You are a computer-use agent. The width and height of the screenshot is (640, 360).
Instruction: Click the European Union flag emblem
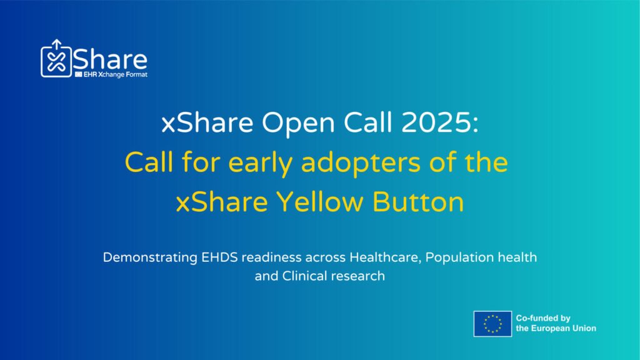coord(492,324)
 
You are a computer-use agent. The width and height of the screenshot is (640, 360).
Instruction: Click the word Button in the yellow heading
coord(418,202)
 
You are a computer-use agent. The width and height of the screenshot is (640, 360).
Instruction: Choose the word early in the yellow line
coord(260,163)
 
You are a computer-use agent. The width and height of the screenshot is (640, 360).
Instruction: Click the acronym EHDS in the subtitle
coord(219,257)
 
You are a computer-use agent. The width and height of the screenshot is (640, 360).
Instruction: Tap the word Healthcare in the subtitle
coord(385,257)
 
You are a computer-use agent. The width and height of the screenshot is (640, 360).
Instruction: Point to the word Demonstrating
coord(150,258)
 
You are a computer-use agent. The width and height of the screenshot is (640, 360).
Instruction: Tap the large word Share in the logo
coord(110,59)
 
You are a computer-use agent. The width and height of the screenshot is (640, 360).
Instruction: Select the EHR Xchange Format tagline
coord(111,75)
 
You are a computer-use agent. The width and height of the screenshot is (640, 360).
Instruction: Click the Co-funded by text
coord(543,318)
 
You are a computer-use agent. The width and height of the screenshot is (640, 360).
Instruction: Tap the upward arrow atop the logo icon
coord(56,44)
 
